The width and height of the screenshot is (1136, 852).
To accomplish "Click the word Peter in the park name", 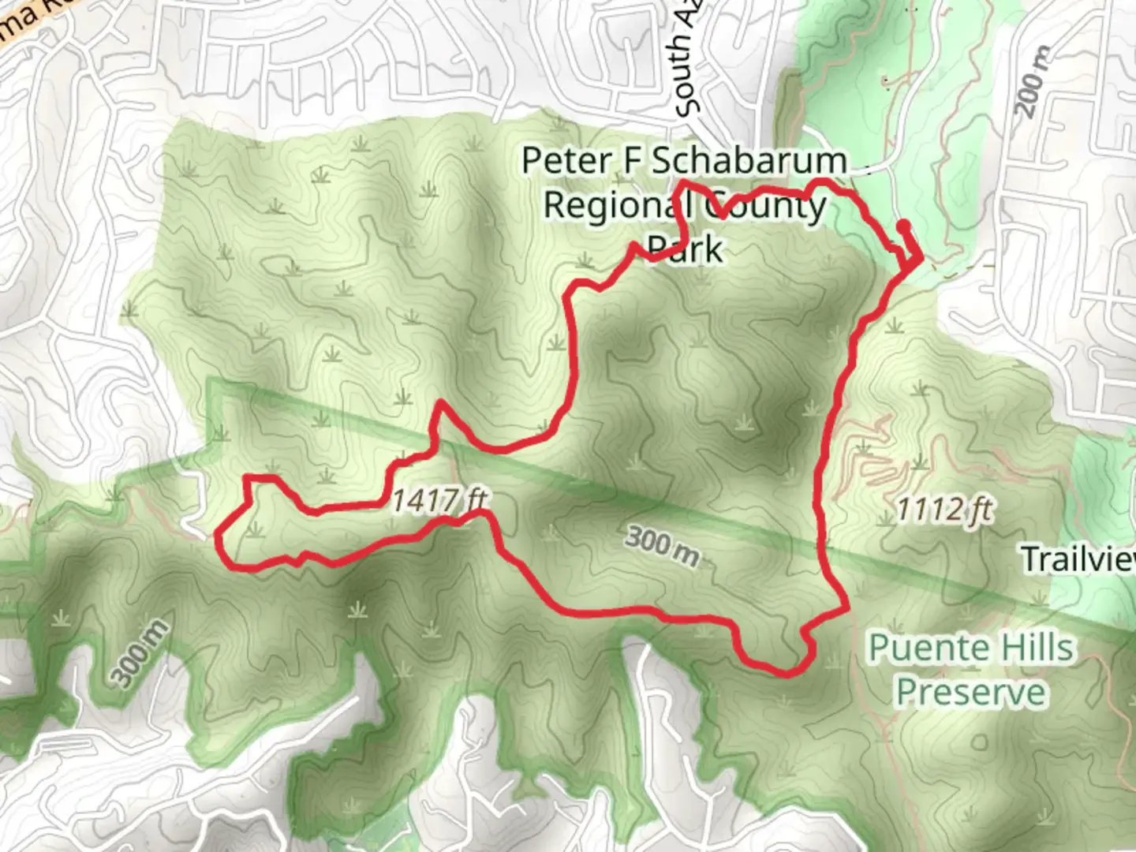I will [566, 161].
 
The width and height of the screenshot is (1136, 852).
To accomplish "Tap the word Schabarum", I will [749, 161].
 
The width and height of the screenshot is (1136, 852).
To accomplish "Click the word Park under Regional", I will [684, 249].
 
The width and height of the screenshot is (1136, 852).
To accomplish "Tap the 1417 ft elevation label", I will [439, 499].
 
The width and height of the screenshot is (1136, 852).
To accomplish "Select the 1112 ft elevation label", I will [944, 510].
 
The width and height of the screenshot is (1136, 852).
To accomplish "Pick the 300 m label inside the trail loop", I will [663, 547].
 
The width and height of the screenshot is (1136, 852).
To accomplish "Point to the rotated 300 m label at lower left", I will [139, 654].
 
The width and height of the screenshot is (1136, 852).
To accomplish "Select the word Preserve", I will [970, 693].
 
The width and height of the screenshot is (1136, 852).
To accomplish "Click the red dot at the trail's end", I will [903, 226].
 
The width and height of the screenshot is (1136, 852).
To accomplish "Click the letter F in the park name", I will [633, 161].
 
